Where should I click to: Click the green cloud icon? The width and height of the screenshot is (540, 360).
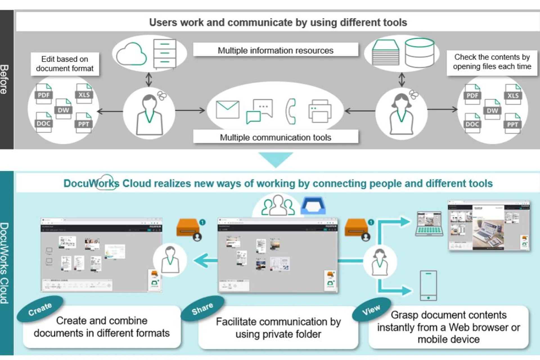coord(131,54)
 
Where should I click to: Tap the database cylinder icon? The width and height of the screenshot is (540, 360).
coord(419,53)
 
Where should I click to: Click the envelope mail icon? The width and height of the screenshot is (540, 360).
coord(228,110)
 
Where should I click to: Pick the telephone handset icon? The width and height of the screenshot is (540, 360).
coord(291,111)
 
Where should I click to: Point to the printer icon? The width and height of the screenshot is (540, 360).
coord(320,111)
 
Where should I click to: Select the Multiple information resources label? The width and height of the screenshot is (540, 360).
coord(275,50)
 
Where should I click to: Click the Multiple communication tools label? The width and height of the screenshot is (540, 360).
coord(275,137)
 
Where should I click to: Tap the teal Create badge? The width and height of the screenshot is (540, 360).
coord(40,309)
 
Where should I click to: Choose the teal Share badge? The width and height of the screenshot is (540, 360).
coord(202,309)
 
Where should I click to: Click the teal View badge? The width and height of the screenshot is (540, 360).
coord(371,310)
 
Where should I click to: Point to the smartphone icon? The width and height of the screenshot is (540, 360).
coord(428,285)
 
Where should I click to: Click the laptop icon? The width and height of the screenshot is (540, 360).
coord(429,224)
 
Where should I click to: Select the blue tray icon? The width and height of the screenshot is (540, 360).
coord(313,206)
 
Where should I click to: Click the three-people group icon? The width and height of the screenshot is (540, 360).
coord(278,206)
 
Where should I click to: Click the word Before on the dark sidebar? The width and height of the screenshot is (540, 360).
coord(4,79)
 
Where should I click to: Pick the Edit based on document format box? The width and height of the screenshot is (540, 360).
coord(65,64)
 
